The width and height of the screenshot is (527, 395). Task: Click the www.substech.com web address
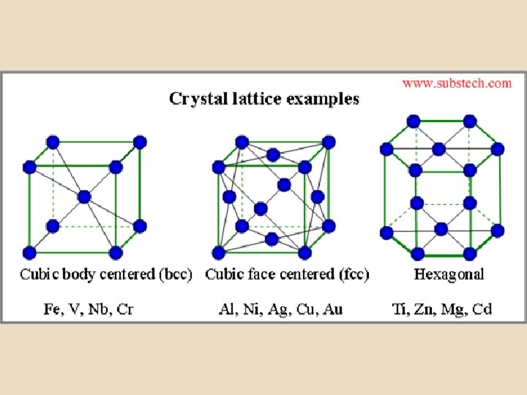tap(457, 83)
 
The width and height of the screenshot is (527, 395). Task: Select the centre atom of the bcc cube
tap(83, 196)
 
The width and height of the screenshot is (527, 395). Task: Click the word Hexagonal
tap(449, 274)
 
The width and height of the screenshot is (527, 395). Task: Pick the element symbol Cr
tap(125, 309)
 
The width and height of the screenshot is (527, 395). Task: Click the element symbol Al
tap(228, 309)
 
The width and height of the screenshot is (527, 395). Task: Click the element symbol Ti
tap(400, 309)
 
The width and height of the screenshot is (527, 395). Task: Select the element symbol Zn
tap(425, 309)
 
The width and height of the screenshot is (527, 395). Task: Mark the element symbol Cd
tap(482, 309)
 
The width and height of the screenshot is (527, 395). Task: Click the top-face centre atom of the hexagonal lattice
tap(439, 148)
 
